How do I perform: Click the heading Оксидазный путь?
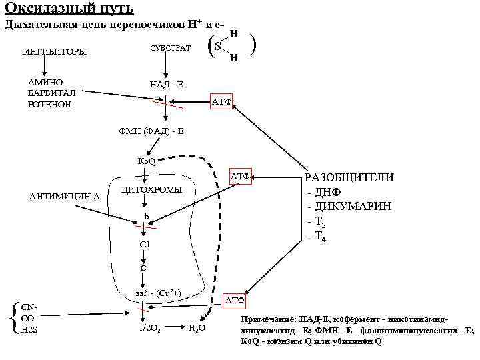pyautogui.click(x=69, y=9)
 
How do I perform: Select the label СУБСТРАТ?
pyautogui.click(x=170, y=49)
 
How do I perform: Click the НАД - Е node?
pyautogui.click(x=167, y=84)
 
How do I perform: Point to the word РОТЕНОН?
pyautogui.click(x=48, y=105)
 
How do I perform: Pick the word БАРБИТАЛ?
pyautogui.click(x=50, y=93)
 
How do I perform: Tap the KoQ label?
pyautogui.click(x=146, y=161)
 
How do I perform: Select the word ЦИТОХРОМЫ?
pyautogui.click(x=151, y=190)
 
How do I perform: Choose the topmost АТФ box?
pyautogui.click(x=221, y=102)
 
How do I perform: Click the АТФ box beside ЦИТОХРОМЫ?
pyautogui.click(x=240, y=177)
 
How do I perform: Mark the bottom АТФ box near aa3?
pyautogui.click(x=235, y=301)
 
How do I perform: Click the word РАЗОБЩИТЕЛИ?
pyautogui.click(x=349, y=177)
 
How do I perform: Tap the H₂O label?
pyautogui.click(x=197, y=328)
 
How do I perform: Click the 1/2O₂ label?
pyautogui.click(x=148, y=328)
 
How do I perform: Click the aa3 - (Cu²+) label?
pyautogui.click(x=153, y=293)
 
